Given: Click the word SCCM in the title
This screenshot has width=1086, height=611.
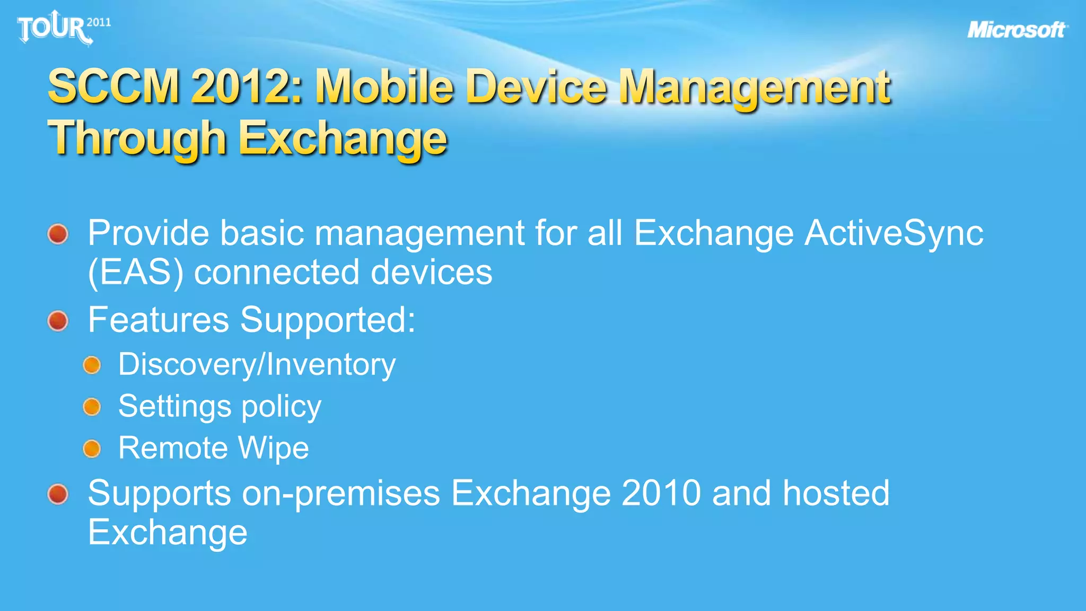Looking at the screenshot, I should point(114,86).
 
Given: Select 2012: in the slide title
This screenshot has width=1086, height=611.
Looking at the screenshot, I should point(247,86).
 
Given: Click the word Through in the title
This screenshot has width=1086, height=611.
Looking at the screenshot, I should point(137,138).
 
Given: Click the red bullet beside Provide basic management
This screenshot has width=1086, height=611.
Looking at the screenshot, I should point(58,234).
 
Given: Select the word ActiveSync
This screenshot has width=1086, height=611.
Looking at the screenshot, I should point(894,233).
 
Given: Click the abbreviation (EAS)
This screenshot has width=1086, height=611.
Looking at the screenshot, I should point(136,273).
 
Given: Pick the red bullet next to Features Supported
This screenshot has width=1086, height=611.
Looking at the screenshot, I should point(58,321).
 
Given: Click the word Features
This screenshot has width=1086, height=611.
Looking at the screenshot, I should point(159,320).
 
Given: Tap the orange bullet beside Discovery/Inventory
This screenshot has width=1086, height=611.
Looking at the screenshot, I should point(92,365).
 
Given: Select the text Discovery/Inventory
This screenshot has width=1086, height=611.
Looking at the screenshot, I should point(257,365).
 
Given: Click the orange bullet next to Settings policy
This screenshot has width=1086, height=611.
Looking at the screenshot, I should point(92,407).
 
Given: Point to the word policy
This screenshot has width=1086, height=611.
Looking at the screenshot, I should point(281,407).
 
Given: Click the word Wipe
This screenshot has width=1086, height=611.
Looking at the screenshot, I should point(273,448).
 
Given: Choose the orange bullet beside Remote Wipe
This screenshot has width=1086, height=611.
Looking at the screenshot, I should point(92,449).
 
